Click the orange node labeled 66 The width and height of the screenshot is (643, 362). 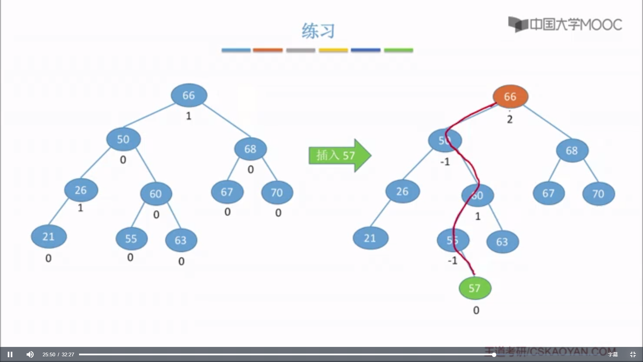tap(510, 97)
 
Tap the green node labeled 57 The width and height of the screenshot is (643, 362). tap(475, 288)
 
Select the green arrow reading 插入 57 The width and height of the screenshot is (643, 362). tap(339, 156)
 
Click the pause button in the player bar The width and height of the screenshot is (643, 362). tap(10, 354)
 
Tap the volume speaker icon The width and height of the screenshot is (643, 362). tap(30, 354)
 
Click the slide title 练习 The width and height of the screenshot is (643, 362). tap(318, 31)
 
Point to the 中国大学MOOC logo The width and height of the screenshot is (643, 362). tap(565, 24)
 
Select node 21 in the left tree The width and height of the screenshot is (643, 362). tap(49, 237)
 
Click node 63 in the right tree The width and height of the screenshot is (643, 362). tap(502, 242)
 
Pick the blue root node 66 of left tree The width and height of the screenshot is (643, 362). tap(189, 95)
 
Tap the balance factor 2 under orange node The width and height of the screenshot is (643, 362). tap(510, 119)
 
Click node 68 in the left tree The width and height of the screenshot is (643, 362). tap(250, 149)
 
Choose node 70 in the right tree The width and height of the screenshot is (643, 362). tap(598, 193)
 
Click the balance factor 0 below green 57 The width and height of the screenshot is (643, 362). tap(476, 310)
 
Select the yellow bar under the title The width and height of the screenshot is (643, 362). tap(333, 50)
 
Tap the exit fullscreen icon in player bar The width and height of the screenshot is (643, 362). tap(633, 354)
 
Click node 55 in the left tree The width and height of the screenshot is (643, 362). tap(131, 239)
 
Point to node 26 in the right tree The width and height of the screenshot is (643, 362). tap(402, 191)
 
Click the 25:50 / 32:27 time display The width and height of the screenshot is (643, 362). tap(58, 354)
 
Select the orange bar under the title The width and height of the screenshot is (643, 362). tap(268, 50)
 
